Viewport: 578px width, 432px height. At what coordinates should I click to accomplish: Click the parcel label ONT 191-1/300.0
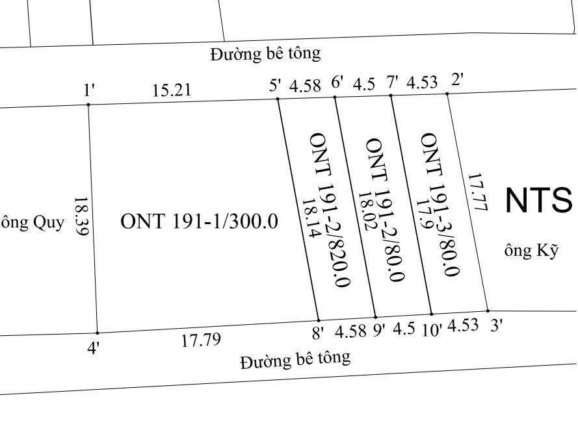pos(199,222)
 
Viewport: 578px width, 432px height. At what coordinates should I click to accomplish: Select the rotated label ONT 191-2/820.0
pos(330,209)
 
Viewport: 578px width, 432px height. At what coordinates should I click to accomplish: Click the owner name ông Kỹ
pos(531,251)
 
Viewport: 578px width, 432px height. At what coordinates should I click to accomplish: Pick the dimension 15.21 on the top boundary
pos(172,90)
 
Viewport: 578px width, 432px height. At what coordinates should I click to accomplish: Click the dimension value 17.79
pos(201,340)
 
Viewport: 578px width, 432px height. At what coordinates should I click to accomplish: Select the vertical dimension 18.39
pos(81,216)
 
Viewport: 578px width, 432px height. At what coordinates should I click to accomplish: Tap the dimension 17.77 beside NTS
pos(477,192)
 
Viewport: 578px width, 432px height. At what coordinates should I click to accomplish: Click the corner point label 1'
pos(90,90)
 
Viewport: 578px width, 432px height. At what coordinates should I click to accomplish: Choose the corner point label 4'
pos(94,349)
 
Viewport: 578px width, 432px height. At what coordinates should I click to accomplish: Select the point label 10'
pos(432,330)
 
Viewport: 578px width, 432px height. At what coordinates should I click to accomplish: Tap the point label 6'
pos(337,83)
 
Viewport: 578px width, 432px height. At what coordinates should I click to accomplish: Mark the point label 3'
pos(497,326)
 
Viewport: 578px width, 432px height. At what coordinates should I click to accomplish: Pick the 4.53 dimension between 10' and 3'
pos(463,325)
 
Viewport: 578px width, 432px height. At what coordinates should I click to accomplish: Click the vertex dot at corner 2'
pos(447,94)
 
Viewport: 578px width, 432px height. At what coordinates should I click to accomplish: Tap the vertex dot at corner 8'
pos(318,320)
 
